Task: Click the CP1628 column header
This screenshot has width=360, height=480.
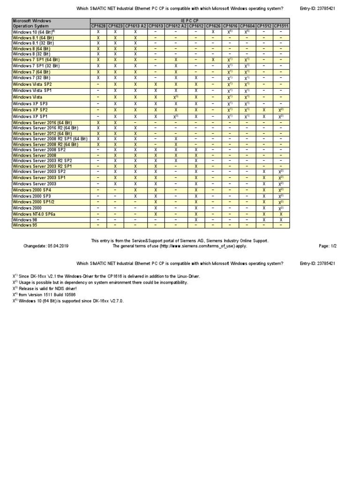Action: (x=98, y=26)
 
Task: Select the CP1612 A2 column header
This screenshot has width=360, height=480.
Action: (x=176, y=26)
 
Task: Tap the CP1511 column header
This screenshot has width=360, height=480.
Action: (x=281, y=26)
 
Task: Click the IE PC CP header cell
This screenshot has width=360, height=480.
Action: (x=189, y=21)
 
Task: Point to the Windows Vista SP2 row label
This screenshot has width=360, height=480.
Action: (x=32, y=84)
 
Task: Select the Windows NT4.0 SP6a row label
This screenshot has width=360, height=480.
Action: (x=34, y=214)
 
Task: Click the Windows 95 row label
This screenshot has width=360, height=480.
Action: (x=26, y=225)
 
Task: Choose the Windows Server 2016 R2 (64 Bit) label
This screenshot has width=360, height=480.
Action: (x=45, y=128)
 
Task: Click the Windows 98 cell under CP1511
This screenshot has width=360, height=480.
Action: (x=281, y=219)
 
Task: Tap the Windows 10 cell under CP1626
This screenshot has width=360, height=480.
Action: (x=213, y=31)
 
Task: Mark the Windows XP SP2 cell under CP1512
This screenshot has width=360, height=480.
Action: (x=264, y=110)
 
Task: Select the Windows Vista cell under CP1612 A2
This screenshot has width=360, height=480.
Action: (x=176, y=97)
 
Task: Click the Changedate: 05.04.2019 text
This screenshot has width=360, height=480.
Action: (x=46, y=246)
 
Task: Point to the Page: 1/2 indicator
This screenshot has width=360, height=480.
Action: (x=327, y=246)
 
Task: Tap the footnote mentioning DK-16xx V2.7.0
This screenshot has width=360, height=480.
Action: (x=68, y=301)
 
